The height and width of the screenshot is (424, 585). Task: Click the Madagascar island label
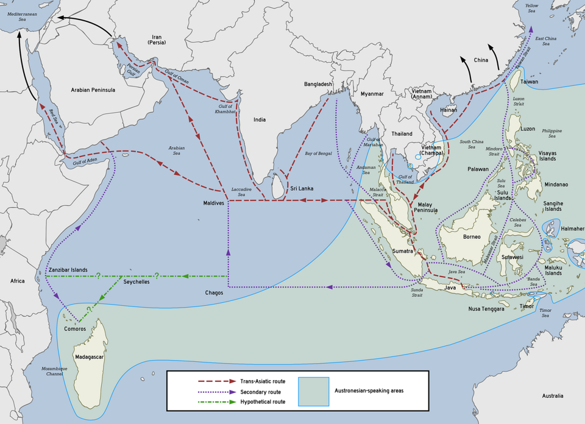(x=89, y=357)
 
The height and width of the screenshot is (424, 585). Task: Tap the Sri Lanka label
(x=302, y=189)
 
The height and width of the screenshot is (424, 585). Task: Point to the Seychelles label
(x=136, y=282)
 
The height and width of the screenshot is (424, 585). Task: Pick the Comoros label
(x=75, y=329)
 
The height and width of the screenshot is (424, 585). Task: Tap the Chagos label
(x=214, y=293)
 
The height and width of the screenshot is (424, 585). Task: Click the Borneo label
(x=472, y=237)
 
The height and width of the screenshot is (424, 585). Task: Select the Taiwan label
(x=529, y=82)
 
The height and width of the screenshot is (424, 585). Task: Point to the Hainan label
(x=448, y=110)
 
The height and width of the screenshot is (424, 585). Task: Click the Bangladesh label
(x=318, y=84)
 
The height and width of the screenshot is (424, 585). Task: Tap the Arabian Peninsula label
(x=93, y=90)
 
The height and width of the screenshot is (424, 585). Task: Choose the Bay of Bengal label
(x=318, y=154)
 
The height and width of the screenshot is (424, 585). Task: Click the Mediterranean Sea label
(x=22, y=16)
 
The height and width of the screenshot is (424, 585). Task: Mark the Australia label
(x=552, y=396)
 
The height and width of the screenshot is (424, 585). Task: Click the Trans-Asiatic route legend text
(x=263, y=381)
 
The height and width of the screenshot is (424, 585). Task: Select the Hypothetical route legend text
(x=263, y=402)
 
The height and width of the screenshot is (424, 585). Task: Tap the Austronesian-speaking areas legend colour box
(x=313, y=391)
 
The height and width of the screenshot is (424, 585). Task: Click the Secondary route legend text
(x=260, y=392)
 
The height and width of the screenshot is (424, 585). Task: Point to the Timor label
(x=526, y=307)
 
